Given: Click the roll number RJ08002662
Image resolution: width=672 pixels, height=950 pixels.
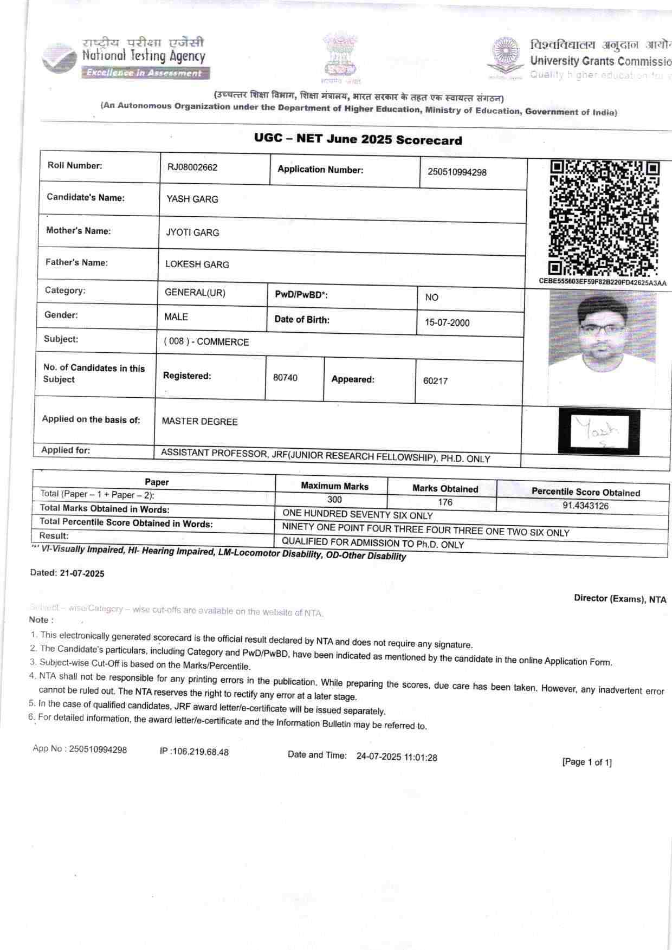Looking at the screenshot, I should coord(192,167).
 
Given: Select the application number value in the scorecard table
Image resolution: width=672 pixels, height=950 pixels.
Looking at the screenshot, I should coord(457,172).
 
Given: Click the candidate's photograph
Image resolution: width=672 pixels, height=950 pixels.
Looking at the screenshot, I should coord(602,347).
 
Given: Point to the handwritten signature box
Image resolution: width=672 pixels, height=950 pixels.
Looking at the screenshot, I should coord(599,431).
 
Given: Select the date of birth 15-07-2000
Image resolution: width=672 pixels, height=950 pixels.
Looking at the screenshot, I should coord(447,323).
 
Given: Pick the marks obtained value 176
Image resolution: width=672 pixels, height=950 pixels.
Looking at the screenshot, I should coord(445,502).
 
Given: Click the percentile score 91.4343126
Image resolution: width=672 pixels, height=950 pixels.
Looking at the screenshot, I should coord(585,506).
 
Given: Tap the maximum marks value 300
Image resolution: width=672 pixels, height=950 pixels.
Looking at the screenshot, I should coord(334,500).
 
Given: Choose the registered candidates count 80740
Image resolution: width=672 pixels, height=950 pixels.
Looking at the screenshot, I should coord(285,378).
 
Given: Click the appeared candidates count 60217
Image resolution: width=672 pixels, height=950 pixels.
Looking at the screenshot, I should coord(435,381).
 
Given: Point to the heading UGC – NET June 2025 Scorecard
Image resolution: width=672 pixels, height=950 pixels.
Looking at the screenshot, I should coord(358,139).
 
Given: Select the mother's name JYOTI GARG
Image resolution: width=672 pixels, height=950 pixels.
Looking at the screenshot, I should coord(192,233).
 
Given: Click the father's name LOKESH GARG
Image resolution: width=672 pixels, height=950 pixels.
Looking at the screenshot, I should coord(197,265).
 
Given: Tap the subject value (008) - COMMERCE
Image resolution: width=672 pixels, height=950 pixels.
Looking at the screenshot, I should coord(206,342).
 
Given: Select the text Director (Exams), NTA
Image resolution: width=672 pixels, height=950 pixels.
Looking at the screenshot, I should coord(620,599).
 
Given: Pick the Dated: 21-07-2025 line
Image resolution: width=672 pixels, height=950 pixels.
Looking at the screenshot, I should coord(67,573).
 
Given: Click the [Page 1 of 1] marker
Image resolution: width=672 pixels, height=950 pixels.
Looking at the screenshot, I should coord(587,762).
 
